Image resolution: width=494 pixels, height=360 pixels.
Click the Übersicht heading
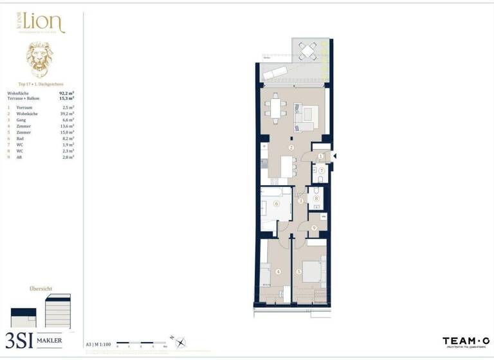pos(41,289)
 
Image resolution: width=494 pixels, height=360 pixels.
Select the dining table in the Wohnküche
pos(277,108)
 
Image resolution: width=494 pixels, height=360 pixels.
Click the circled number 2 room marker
pos(291,147)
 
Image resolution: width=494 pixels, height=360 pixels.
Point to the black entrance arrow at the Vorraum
pos(333,156)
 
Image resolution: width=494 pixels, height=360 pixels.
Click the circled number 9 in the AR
pos(313,228)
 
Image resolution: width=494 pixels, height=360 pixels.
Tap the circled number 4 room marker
pos(278,272)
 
